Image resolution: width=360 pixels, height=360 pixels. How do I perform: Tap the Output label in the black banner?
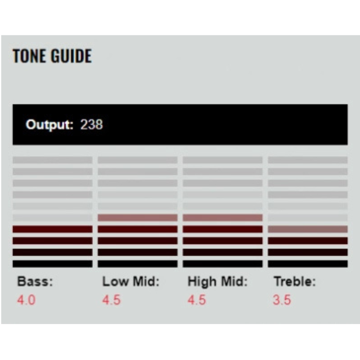point(49,125)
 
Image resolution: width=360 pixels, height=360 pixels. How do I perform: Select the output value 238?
point(92,125)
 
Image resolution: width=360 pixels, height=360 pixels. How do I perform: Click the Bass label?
point(35,282)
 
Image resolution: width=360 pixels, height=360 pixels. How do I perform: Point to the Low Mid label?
point(131,282)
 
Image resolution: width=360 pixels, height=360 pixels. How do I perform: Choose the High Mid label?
point(218,282)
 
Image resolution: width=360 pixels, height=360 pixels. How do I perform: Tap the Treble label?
point(294,282)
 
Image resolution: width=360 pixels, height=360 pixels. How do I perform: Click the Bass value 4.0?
point(26,300)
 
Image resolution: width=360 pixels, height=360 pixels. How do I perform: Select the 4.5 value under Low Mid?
point(111,300)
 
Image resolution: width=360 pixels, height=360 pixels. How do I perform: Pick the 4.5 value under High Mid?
point(197,300)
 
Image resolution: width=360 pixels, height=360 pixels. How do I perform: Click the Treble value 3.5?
point(282,300)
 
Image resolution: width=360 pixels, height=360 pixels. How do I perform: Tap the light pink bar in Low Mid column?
point(137,218)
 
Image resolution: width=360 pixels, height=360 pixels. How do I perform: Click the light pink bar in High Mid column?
point(222,218)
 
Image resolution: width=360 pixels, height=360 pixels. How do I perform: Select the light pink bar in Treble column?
point(307,229)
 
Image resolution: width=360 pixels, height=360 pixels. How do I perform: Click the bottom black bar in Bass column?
point(52,264)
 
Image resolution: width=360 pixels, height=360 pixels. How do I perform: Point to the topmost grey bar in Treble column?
point(307,160)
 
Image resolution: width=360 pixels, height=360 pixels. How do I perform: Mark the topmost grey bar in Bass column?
point(52,160)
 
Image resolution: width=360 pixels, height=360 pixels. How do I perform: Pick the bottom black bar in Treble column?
point(307,264)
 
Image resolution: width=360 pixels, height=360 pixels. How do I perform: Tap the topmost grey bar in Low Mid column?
point(137,160)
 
